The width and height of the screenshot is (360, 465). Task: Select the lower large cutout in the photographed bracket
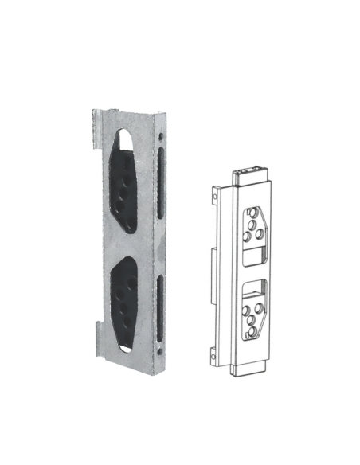[123, 299]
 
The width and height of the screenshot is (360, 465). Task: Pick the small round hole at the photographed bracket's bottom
[162, 350]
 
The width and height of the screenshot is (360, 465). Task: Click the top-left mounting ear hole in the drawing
[215, 193]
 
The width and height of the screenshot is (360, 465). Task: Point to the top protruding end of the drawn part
[249, 174]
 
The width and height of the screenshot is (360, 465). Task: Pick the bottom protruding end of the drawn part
[248, 369]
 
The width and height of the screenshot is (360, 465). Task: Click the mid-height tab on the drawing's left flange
[212, 275]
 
